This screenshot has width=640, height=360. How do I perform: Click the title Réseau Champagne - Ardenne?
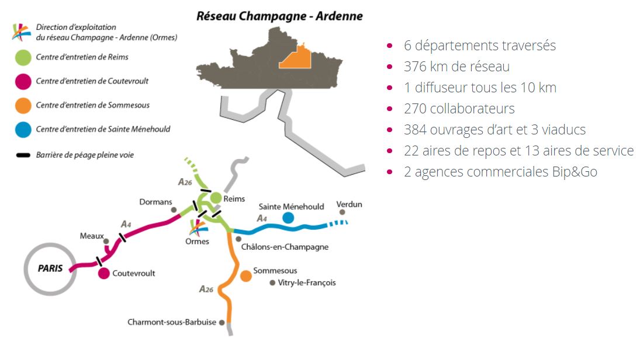click(x=279, y=16)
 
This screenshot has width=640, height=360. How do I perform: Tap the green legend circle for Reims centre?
click(x=23, y=57)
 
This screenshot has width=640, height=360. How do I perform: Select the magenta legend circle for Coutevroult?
click(x=23, y=82)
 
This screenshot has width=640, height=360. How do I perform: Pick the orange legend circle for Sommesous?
click(x=23, y=106)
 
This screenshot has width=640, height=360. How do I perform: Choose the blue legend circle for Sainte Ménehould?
click(x=23, y=130)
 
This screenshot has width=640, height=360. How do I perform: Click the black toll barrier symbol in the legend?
click(x=23, y=155)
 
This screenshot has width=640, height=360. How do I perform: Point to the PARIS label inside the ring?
click(x=50, y=269)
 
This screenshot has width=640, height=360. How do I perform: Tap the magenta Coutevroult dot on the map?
click(x=103, y=274)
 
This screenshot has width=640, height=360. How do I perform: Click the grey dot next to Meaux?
click(x=106, y=241)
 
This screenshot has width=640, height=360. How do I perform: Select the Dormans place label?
click(x=155, y=202)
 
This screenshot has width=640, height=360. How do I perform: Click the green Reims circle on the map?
click(x=216, y=198)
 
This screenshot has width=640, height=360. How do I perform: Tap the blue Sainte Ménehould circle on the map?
click(x=288, y=218)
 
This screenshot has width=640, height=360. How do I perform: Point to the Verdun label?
click(x=349, y=204)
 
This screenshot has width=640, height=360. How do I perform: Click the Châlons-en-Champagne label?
click(x=285, y=247)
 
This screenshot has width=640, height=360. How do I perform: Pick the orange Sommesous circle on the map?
click(x=245, y=276)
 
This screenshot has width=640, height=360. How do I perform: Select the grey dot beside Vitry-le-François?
click(x=272, y=283)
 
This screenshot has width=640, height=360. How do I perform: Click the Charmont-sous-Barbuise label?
click(x=172, y=322)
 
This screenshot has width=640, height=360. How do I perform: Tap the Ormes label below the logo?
click(x=197, y=241)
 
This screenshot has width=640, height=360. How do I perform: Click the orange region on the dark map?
click(x=296, y=58)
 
